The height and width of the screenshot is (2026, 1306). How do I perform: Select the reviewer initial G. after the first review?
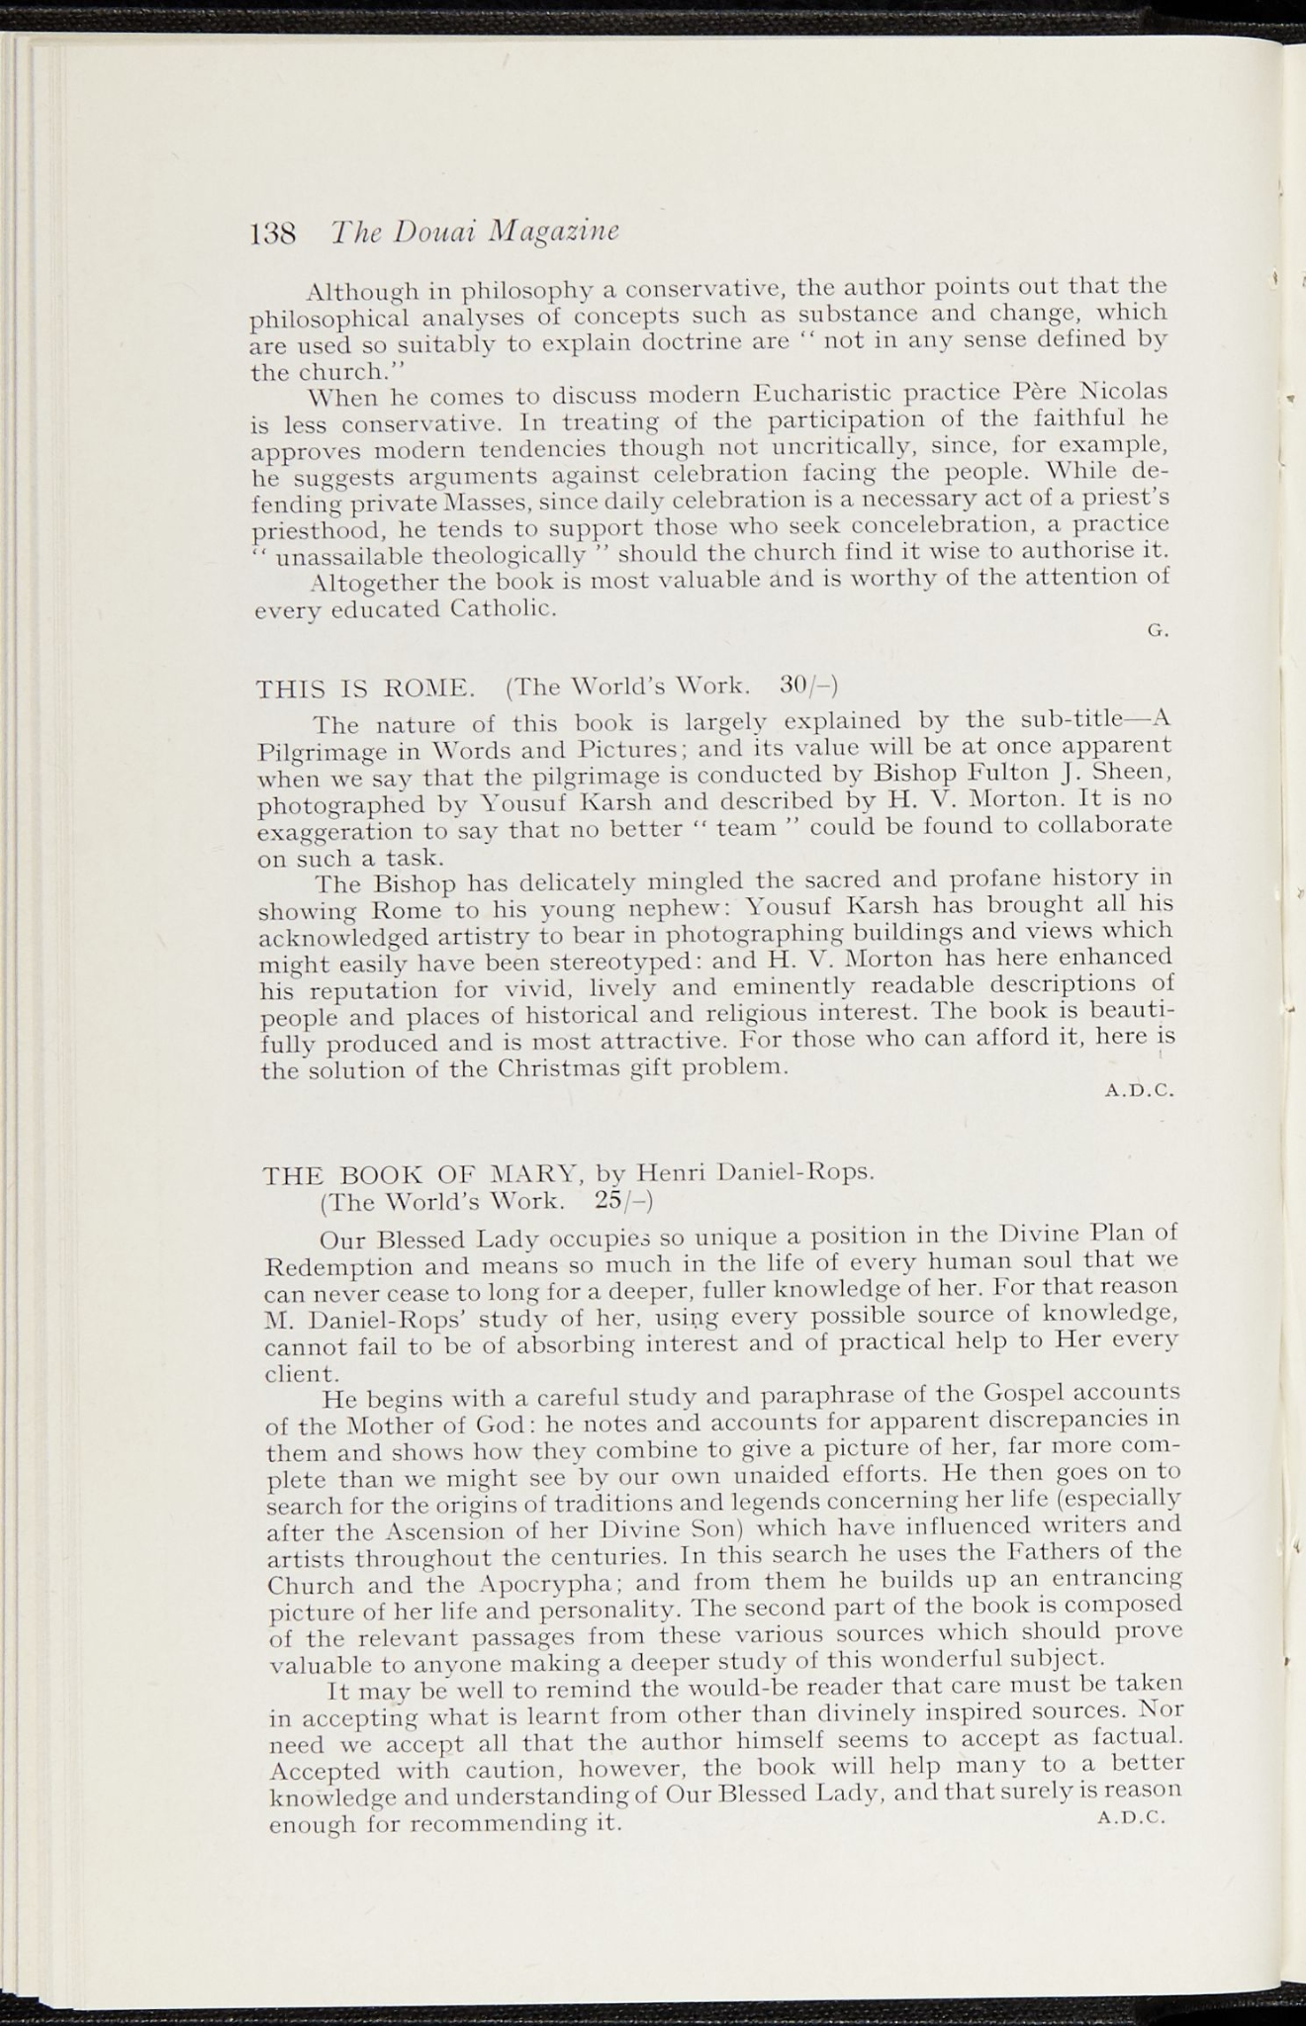click(x=1158, y=631)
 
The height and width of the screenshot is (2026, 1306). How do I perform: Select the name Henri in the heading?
click(x=670, y=1174)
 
